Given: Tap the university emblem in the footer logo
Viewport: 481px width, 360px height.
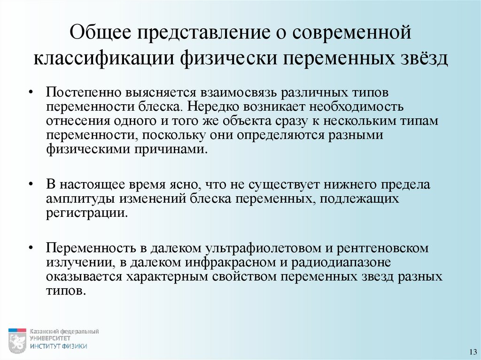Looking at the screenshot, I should pos(17,340).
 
